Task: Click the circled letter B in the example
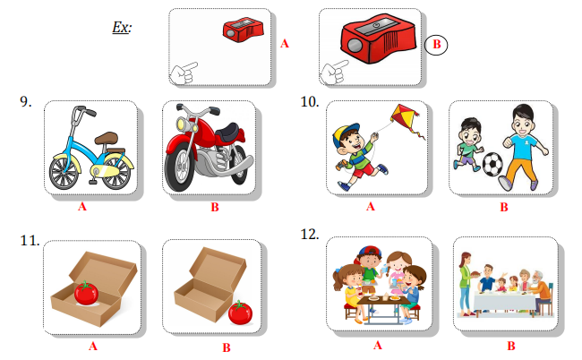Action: [x=436, y=45]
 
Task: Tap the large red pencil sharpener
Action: [x=378, y=39]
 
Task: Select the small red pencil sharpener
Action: [x=244, y=30]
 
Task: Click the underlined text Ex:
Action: [x=122, y=28]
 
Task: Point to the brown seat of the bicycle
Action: [x=107, y=139]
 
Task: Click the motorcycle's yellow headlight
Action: [x=183, y=123]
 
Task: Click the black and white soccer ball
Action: [x=492, y=163]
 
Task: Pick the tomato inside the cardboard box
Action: [x=86, y=293]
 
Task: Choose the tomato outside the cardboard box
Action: [x=240, y=313]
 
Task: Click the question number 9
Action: [x=26, y=102]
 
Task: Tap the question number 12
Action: [x=310, y=235]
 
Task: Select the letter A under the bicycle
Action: [x=82, y=207]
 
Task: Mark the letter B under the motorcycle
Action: [x=215, y=207]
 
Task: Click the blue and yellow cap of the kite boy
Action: [x=345, y=133]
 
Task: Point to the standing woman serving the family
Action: [x=466, y=284]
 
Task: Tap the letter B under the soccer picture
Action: [x=504, y=207]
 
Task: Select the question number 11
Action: [x=30, y=241]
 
